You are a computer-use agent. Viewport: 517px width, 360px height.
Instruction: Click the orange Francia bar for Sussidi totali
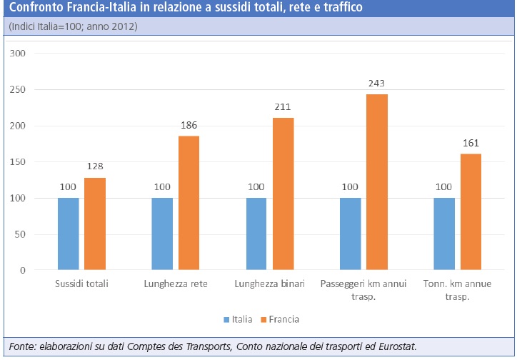pos(95,224)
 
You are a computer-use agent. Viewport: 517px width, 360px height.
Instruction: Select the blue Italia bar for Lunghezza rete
pos(162,234)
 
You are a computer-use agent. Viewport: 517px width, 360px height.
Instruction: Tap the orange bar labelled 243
pos(377,182)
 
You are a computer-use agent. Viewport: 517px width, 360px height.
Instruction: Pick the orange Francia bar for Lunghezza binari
pos(283,194)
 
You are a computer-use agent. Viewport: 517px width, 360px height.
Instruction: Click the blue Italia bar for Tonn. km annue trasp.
pos(444,234)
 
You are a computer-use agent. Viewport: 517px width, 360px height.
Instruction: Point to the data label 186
pos(189,124)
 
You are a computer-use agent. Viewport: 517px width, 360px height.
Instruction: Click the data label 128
pos(95,166)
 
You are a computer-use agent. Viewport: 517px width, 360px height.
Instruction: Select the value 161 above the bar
pos(471,142)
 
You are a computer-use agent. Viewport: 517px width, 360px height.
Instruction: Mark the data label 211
pos(283,106)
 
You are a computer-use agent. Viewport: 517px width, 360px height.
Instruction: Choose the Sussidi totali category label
pos(81,284)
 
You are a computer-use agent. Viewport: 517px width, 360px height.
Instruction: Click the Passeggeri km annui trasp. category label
pos(363,289)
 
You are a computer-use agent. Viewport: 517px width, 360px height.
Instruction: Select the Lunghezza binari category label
pos(269,284)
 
